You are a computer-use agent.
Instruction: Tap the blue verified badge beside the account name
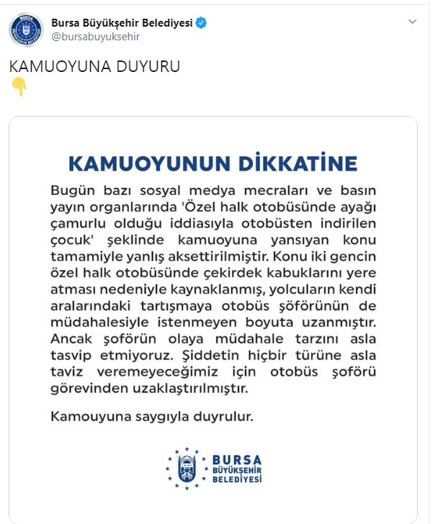202,23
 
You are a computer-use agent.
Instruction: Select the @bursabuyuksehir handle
96,37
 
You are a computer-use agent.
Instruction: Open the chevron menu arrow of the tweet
412,22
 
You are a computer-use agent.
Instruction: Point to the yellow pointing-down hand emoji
19,87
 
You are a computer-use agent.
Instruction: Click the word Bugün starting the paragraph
72,191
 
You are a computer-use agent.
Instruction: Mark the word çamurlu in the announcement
76,223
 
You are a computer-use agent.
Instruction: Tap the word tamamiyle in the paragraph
86,255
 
